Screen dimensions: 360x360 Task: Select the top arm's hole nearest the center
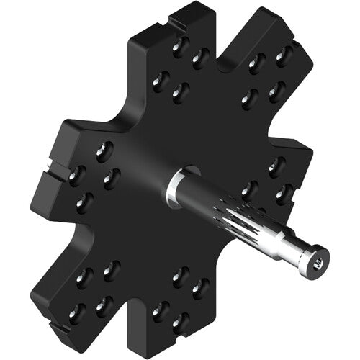(x=180, y=91)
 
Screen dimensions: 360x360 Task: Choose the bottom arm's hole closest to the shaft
(x=181, y=274)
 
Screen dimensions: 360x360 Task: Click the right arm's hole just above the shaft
(x=249, y=189)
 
